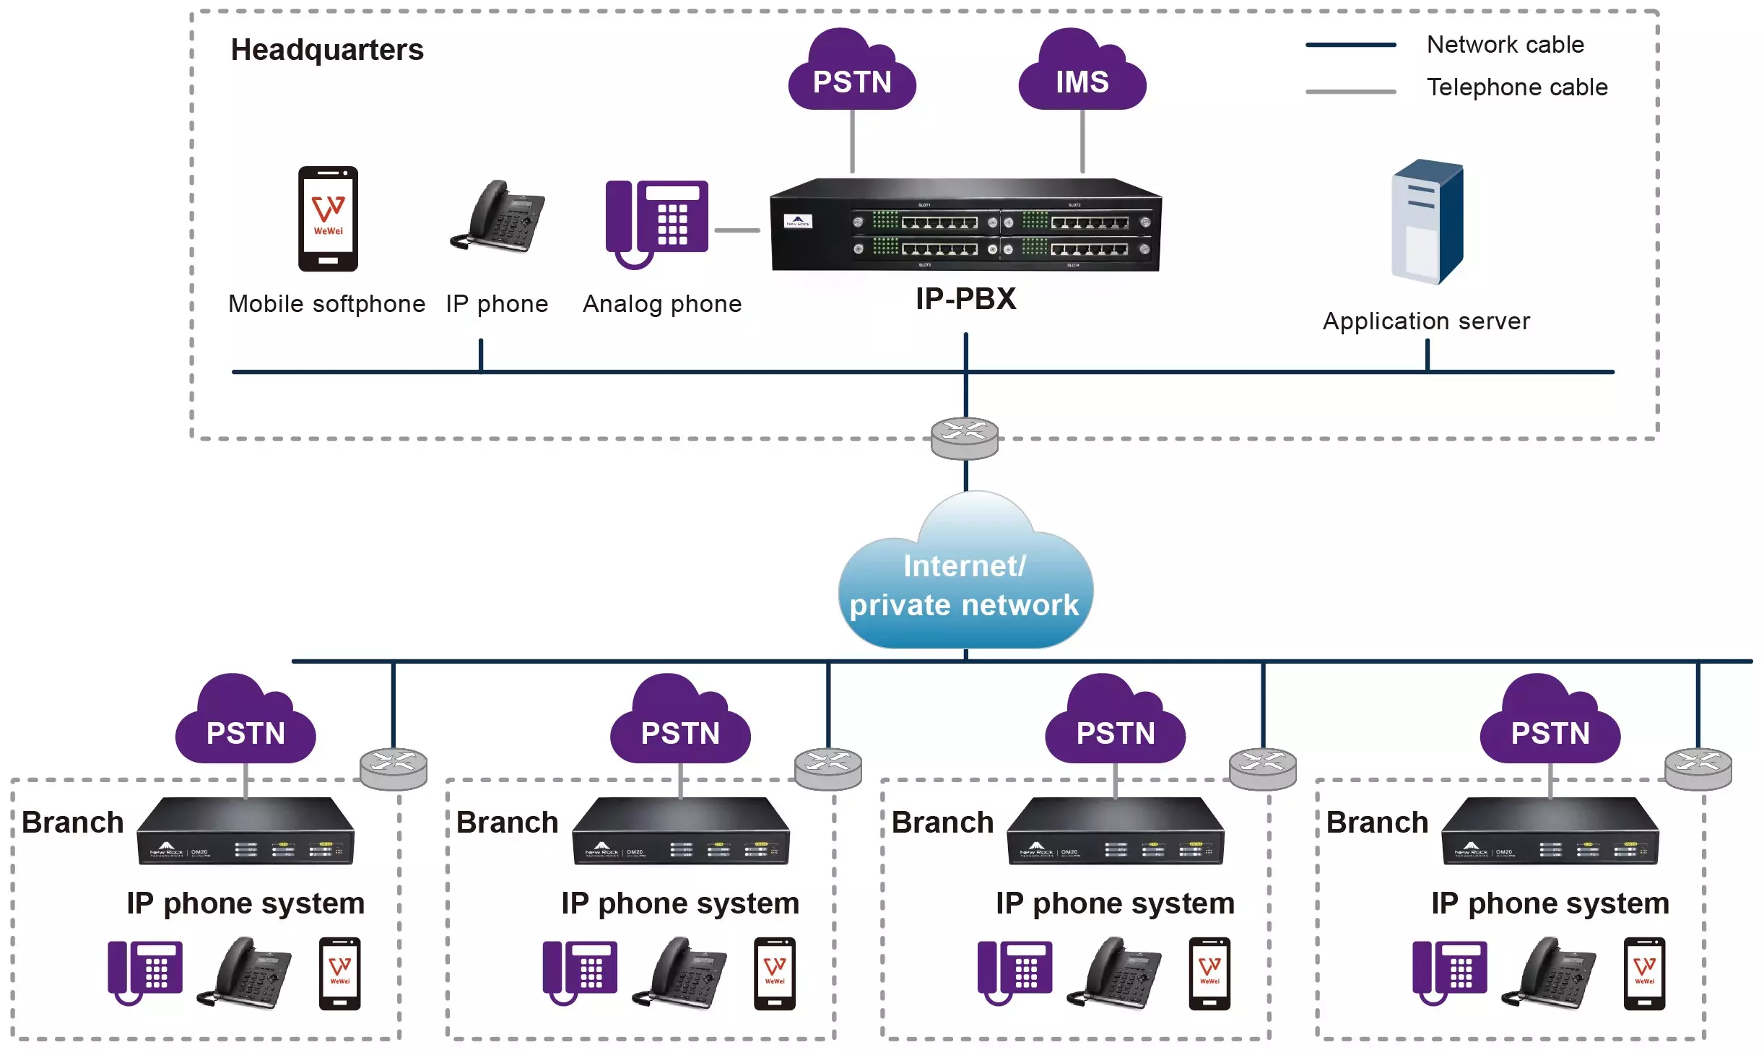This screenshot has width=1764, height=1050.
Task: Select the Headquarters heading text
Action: [327, 50]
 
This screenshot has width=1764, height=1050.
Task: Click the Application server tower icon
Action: [1427, 222]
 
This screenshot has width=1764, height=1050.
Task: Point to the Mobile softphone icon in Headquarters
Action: [328, 219]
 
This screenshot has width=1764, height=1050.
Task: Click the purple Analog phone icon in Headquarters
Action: [656, 223]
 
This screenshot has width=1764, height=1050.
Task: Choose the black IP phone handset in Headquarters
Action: [498, 217]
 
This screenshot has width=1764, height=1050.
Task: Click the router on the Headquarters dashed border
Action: [965, 438]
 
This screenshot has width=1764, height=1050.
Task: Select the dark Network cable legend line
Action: [1350, 45]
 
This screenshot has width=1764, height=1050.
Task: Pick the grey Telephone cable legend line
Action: [1350, 92]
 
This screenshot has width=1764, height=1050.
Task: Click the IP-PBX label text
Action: [965, 299]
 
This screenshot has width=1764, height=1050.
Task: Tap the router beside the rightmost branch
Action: [1698, 768]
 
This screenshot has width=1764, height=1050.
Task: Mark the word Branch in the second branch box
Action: [508, 823]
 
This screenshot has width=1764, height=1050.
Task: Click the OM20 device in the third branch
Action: [1116, 831]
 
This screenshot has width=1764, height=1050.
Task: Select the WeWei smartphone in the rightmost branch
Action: [1644, 973]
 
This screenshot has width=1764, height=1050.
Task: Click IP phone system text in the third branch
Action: [1115, 903]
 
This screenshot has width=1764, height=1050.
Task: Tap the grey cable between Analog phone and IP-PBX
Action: [737, 230]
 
